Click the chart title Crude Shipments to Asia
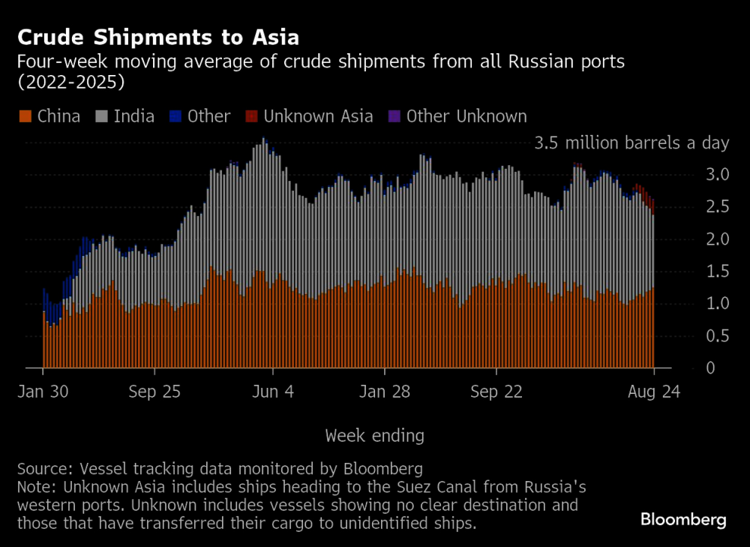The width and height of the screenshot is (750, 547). click(158, 38)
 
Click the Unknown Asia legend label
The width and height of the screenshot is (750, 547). click(318, 116)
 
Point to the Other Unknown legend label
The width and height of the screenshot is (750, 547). click(466, 116)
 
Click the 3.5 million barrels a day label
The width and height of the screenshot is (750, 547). click(631, 143)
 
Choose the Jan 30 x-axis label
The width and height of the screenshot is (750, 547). click(43, 392)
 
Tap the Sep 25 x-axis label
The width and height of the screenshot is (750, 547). click(154, 392)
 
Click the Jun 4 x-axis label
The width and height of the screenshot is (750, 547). click(273, 392)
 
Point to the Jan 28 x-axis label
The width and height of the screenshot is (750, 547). click(385, 392)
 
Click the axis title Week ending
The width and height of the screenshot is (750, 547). click(375, 435)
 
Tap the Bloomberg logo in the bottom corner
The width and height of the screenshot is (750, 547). click(683, 520)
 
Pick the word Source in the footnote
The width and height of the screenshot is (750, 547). click(41, 470)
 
